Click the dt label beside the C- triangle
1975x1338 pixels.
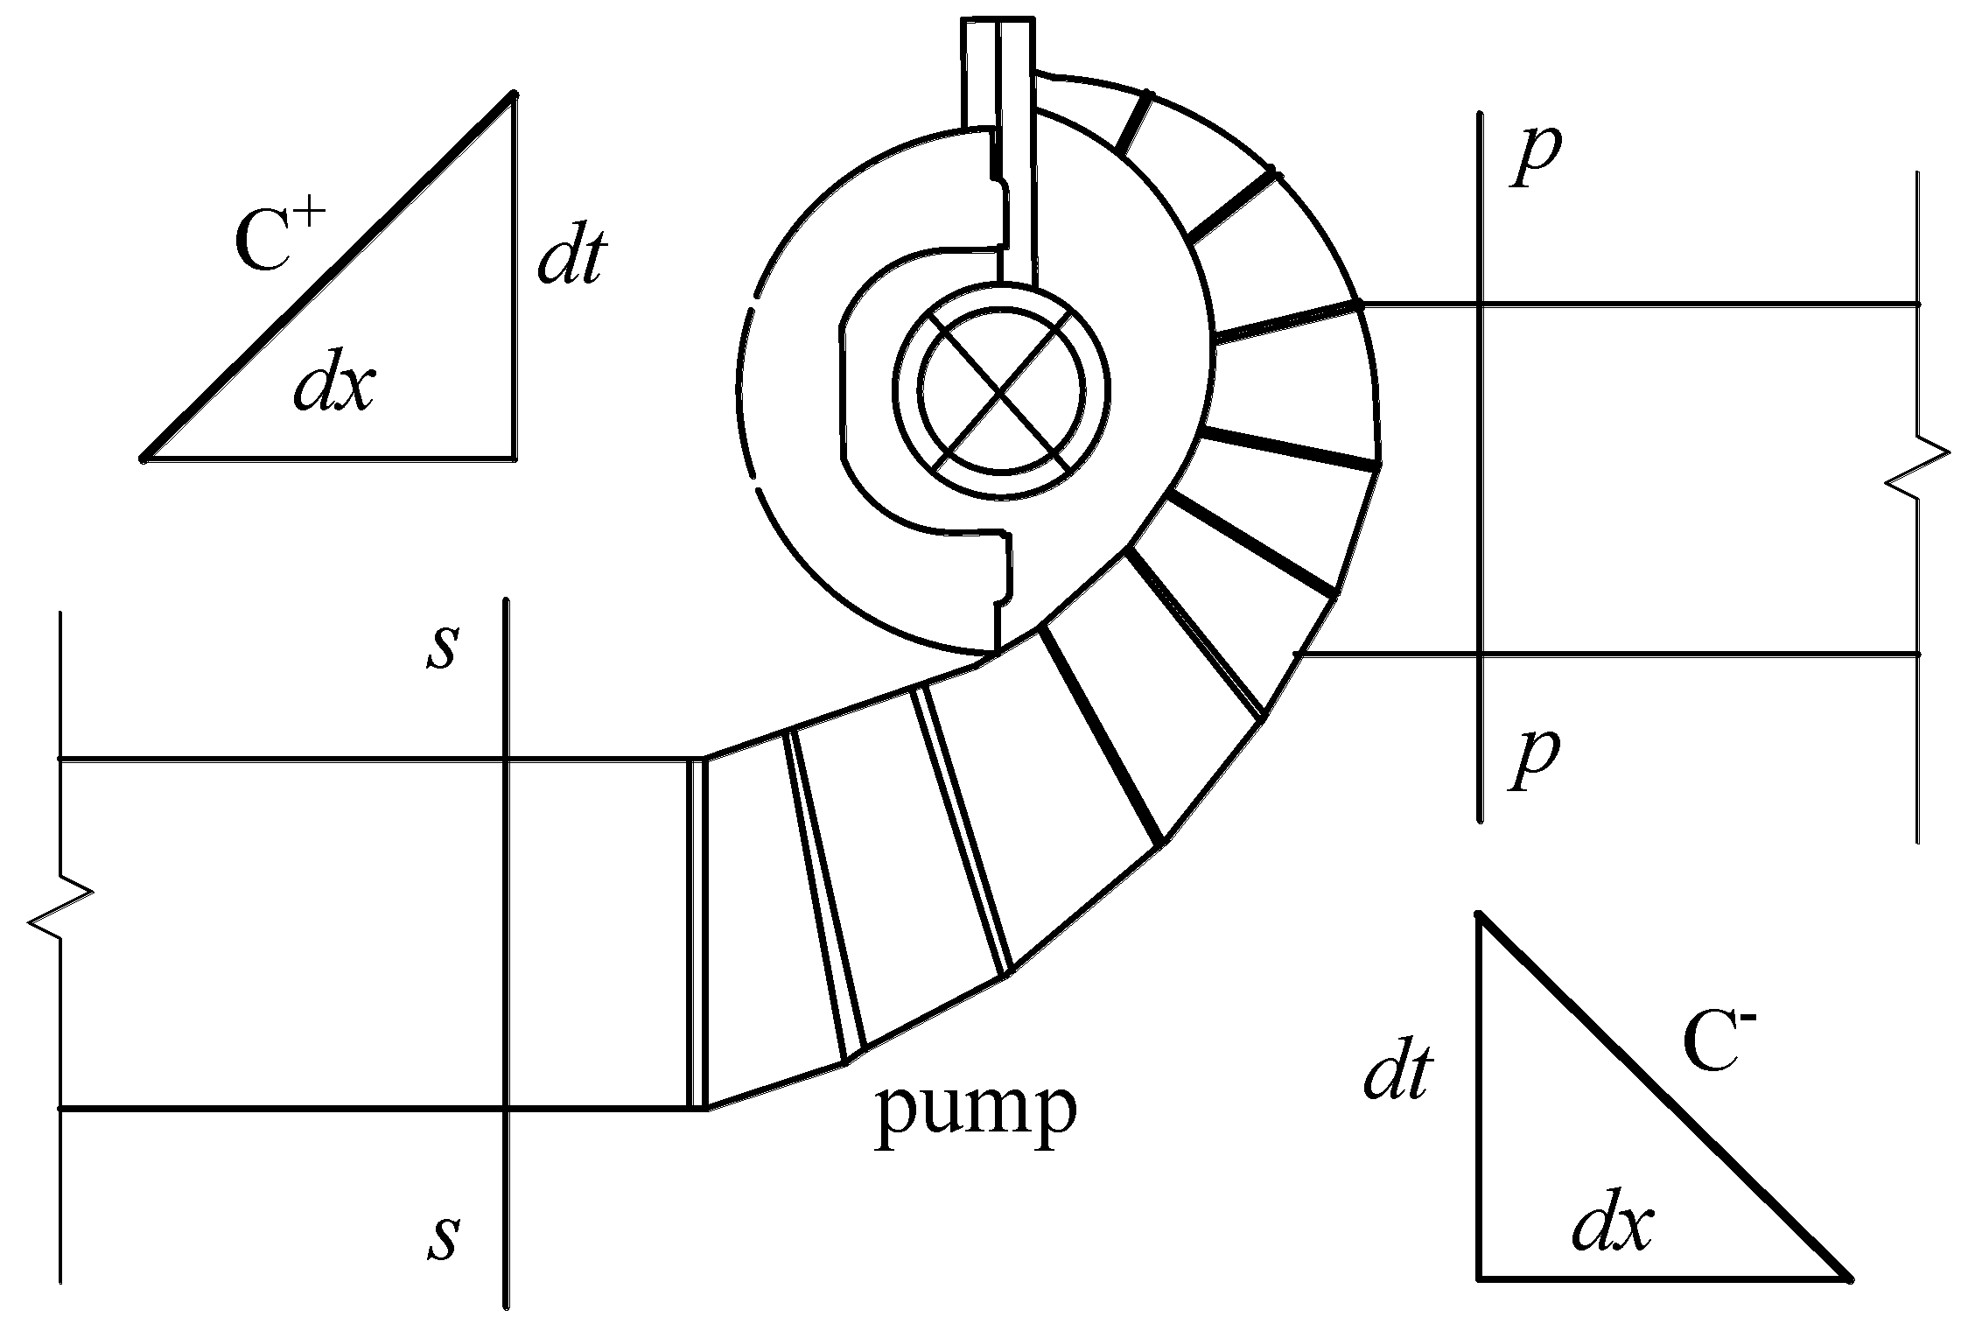1397,1075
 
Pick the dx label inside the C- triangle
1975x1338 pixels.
1612,1227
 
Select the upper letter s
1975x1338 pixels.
443,648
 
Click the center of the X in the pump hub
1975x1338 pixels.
1001,391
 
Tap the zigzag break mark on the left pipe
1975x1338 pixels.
60,910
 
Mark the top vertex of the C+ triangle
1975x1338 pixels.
514,94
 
